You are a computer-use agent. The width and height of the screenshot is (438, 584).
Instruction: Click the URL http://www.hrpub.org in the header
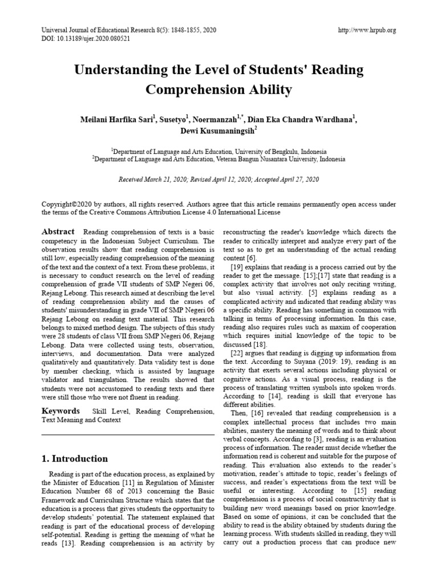tap(367, 30)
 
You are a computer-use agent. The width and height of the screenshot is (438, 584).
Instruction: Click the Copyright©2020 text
tap(68, 204)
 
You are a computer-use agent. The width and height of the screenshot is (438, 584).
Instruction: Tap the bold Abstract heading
tap(58, 232)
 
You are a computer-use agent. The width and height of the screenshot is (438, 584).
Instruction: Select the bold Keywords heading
tap(61, 411)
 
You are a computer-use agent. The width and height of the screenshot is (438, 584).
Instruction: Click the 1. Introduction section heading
tap(75, 459)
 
